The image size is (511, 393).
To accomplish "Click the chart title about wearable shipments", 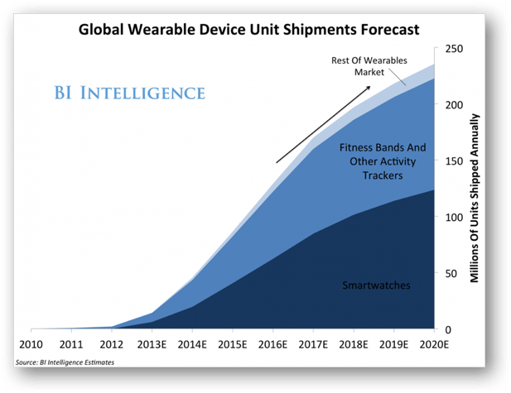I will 248,30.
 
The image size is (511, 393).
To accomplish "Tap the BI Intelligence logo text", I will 143,91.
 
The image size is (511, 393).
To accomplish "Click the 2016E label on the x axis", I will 273,344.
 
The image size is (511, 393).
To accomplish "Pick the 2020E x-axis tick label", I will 435,344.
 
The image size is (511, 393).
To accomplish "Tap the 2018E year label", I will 354,344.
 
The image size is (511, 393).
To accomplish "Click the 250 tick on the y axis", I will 454,49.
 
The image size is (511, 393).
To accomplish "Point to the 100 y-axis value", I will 454,217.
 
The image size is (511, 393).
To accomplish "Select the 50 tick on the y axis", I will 451,273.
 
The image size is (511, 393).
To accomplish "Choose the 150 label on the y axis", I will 454,161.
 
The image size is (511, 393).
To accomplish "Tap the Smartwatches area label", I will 377,285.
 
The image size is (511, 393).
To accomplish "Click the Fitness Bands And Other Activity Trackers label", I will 382,161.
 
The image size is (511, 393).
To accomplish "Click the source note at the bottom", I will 65,362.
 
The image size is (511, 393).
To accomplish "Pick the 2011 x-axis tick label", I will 71,344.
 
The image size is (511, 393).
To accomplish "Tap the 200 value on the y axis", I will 454,105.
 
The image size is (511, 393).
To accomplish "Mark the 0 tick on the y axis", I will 448,329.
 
